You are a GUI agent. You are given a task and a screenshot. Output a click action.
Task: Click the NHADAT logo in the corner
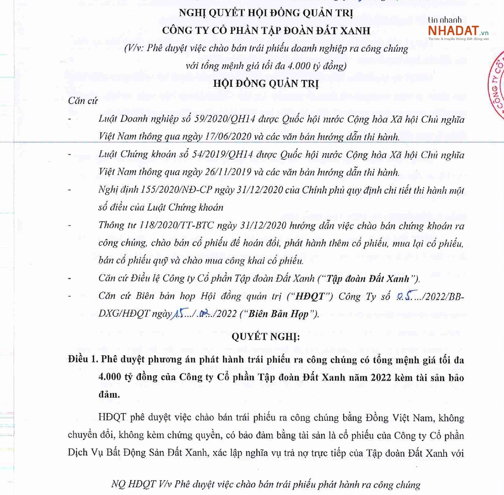point(458,31)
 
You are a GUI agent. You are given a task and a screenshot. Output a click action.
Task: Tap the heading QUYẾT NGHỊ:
point(265,337)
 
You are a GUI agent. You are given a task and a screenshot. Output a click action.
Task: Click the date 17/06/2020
point(228,137)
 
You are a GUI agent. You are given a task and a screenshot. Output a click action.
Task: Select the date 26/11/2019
point(228,172)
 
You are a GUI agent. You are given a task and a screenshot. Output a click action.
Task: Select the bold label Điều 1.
point(83,359)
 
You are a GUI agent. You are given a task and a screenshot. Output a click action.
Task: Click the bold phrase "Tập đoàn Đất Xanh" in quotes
point(368,279)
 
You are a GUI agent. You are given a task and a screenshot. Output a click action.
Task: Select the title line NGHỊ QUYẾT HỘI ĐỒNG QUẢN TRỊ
point(265,13)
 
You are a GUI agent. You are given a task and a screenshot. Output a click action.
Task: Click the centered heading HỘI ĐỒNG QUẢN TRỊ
point(265,84)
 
